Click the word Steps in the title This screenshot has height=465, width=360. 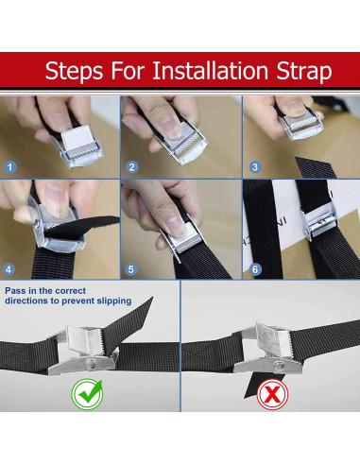[x=74, y=71]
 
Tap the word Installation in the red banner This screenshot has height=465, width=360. [x=210, y=70]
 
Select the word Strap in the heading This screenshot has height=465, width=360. [x=304, y=72]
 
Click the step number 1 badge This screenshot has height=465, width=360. [x=10, y=167]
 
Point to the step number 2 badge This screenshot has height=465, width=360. [x=132, y=167]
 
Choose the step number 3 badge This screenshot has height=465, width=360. [x=255, y=167]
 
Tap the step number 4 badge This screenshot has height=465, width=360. [x=9, y=269]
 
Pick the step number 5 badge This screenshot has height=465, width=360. [x=130, y=269]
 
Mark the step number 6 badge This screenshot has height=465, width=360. [x=255, y=269]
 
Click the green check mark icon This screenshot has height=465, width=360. [x=87, y=394]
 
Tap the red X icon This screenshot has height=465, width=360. [x=272, y=394]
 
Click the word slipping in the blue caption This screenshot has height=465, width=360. [x=114, y=301]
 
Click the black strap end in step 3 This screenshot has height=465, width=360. [x=315, y=167]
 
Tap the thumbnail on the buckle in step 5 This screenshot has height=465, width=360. [x=177, y=226]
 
